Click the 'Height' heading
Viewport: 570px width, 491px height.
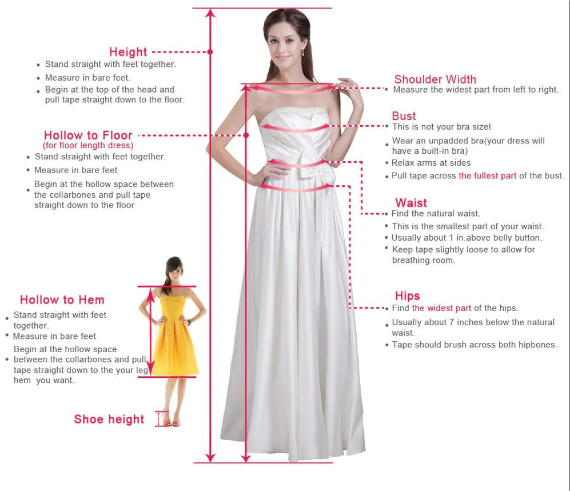point(128,52)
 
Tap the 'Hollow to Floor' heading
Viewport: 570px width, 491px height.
point(88,135)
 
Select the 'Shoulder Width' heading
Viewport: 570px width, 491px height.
point(435,79)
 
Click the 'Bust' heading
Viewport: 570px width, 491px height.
point(404,116)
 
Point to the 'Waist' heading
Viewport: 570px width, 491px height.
point(411,202)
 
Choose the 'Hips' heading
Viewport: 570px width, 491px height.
point(407,296)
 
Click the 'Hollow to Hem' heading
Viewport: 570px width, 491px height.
point(62,300)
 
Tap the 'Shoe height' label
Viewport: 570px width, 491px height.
point(109,419)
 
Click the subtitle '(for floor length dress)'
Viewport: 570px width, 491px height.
point(88,145)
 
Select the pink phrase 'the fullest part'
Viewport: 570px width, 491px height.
point(488,176)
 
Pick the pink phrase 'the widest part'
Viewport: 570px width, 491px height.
point(441,308)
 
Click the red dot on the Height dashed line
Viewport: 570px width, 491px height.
point(210,52)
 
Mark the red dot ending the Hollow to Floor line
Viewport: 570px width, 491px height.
point(246,135)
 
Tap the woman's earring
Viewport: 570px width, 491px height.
point(302,53)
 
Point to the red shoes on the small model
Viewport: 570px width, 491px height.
point(172,424)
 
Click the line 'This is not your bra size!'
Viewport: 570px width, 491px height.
point(441,127)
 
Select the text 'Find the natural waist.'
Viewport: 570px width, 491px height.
point(436,213)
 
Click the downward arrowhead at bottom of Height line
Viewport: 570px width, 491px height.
point(210,458)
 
